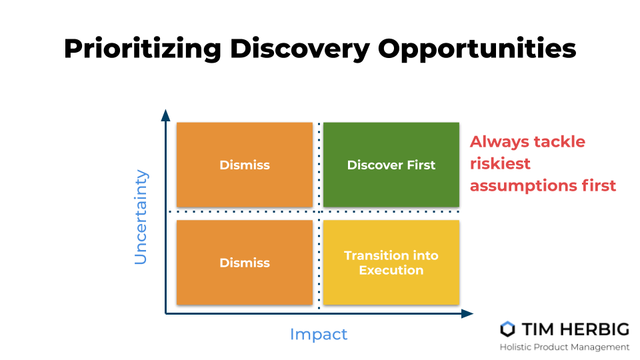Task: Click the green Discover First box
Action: pos(391,165)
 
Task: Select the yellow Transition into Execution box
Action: pos(391,263)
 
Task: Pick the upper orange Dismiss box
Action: pos(245,165)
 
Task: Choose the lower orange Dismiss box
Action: pos(245,263)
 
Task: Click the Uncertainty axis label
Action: pos(141,217)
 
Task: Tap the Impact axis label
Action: pos(319,334)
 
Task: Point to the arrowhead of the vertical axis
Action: pos(165,115)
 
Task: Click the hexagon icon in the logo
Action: pos(508,329)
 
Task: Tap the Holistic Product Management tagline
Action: pos(565,347)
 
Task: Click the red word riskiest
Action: pos(500,163)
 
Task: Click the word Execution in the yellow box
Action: pos(391,270)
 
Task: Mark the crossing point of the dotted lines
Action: pos(319,212)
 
